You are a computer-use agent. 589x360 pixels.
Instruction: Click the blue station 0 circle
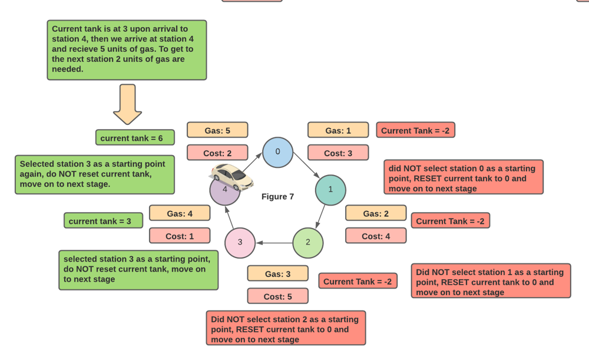coord(277,152)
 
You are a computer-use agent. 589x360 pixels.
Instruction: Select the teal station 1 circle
coord(330,190)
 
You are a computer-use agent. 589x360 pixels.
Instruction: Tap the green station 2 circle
coord(308,242)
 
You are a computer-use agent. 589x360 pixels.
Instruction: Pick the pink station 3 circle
coord(240,242)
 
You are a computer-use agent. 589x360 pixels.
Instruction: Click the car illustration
coord(232,177)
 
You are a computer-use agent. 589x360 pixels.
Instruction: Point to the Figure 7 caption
coord(277,197)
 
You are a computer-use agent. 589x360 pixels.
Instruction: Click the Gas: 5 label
coord(217,130)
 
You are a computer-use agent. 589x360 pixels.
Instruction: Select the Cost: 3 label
coord(338,153)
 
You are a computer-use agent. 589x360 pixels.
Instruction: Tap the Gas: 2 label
coord(376,213)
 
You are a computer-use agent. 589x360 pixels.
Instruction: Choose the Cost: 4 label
coord(376,236)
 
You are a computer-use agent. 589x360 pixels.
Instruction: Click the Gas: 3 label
coord(277,274)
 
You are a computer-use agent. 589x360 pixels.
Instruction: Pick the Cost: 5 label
coord(277,296)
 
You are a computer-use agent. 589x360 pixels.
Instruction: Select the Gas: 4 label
coord(180,213)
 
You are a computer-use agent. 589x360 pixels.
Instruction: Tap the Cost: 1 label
coord(180,236)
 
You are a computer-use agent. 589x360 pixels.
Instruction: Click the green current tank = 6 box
coord(135,138)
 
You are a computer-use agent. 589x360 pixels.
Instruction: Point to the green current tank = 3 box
coord(104,221)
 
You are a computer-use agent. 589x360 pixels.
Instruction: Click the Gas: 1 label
coord(338,130)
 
